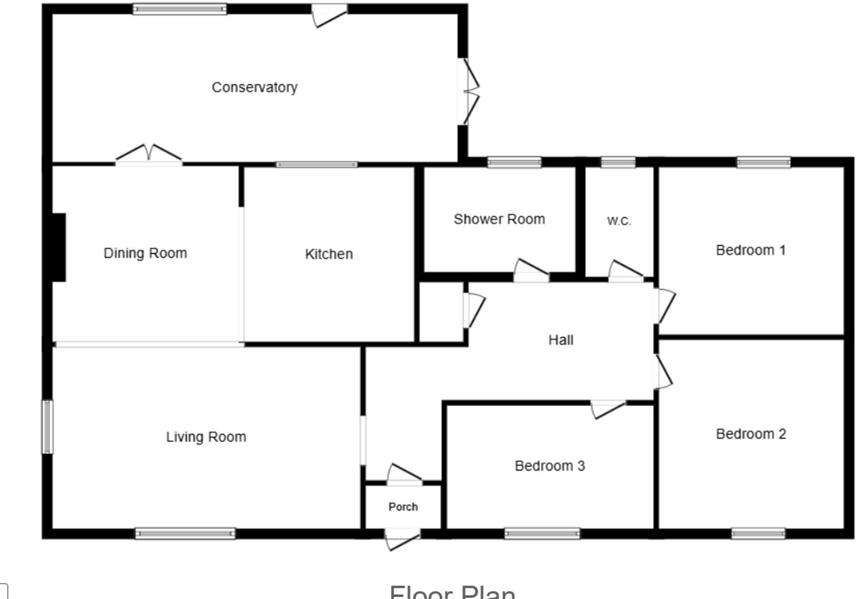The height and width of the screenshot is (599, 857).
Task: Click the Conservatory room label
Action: (255, 87)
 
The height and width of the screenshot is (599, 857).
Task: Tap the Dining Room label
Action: (145, 253)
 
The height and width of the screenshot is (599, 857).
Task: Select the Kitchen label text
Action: (329, 254)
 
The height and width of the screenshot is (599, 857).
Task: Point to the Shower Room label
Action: (499, 219)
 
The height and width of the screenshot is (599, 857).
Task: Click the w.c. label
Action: (619, 221)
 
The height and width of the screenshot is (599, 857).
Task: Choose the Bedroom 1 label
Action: (751, 250)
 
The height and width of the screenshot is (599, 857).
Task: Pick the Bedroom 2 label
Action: (751, 434)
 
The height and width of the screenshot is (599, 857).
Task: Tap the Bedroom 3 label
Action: (550, 466)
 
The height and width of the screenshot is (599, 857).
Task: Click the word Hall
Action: (561, 340)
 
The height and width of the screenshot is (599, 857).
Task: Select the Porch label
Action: (403, 507)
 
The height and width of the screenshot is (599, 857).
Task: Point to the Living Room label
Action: (206, 437)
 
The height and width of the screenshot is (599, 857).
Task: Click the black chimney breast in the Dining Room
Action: (59, 247)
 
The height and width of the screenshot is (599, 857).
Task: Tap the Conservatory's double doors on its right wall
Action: (469, 92)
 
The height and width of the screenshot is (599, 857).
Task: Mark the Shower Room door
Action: (531, 270)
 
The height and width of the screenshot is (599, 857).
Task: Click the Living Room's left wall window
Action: (47, 426)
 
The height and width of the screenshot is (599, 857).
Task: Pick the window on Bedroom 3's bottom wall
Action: (542, 534)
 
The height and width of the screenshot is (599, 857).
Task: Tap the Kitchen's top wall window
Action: (317, 165)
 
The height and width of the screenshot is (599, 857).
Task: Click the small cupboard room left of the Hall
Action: (441, 312)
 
